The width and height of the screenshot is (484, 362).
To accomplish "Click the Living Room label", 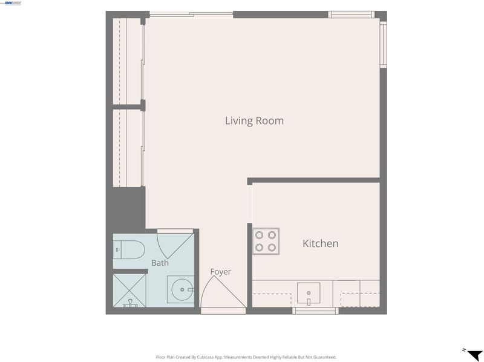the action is [254, 121].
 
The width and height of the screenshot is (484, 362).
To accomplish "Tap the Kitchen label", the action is [321, 243].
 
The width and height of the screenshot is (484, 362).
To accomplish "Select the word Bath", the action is [160, 263].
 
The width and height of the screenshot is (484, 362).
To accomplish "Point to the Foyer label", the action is [220, 271].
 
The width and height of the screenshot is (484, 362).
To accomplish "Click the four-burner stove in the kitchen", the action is [266, 241].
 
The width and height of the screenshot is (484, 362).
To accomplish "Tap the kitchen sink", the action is [309, 293].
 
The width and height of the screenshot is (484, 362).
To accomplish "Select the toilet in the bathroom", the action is [129, 250].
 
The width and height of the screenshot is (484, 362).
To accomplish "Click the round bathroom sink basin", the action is [182, 289].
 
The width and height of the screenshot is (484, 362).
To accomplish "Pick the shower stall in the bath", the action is [129, 291].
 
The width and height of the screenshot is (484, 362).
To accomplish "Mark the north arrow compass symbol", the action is [474, 354].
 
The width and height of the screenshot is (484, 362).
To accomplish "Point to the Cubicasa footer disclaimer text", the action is [246, 357].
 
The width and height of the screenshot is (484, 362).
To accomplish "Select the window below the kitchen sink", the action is [315, 311].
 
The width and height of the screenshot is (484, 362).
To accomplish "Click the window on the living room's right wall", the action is [383, 44].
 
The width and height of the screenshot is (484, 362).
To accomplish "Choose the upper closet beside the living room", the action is [127, 61].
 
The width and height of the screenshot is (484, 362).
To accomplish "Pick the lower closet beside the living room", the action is [127, 148].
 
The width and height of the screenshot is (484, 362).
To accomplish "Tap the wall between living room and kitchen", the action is [313, 180].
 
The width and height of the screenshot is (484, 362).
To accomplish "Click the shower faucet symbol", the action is [131, 303].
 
